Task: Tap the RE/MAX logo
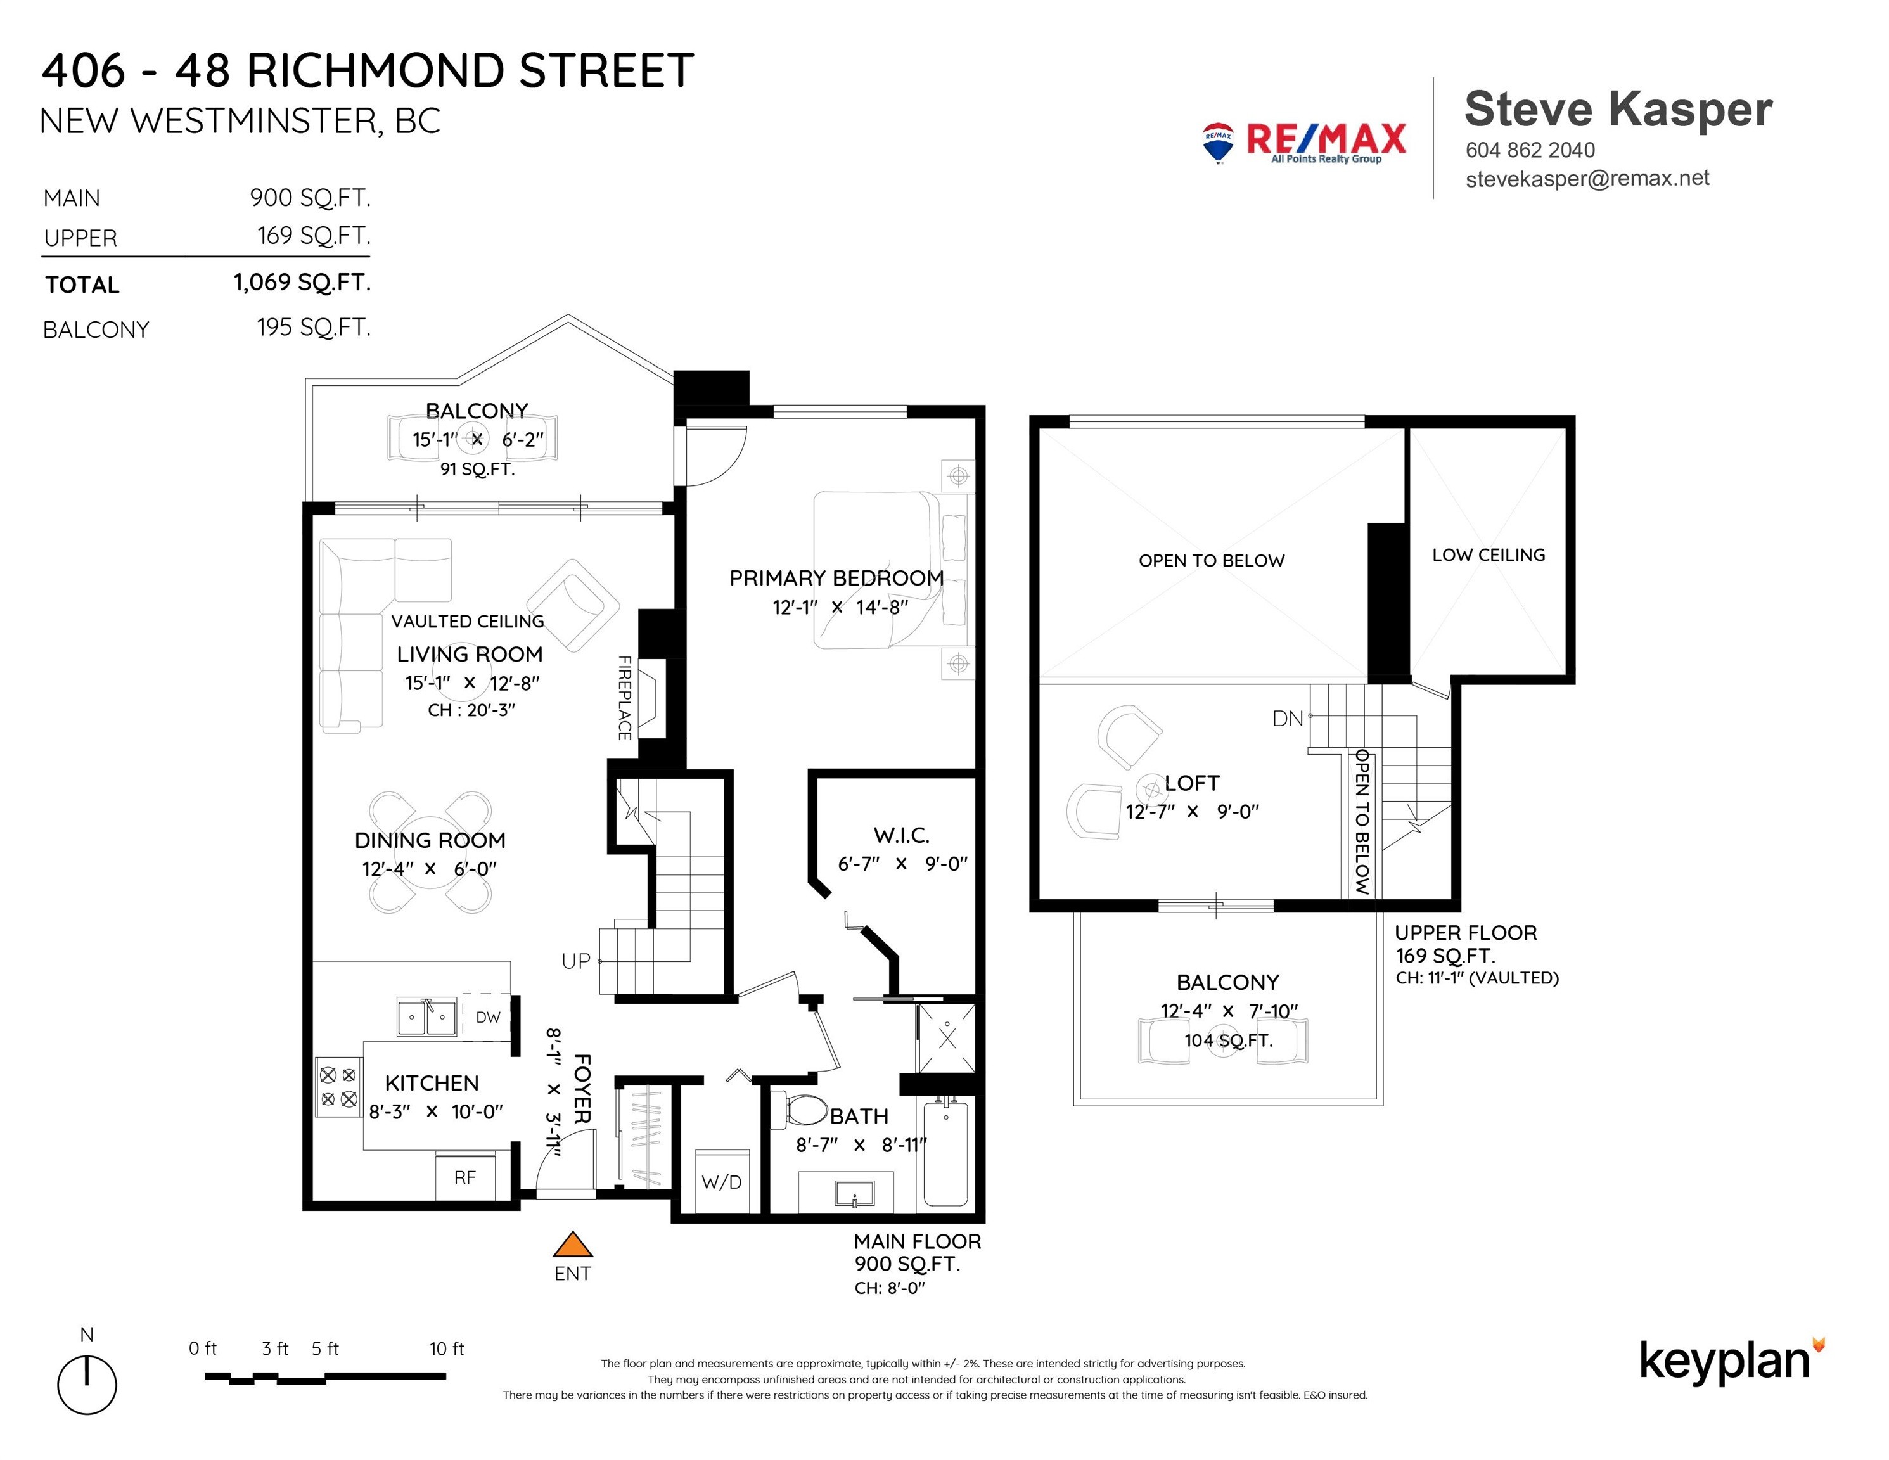1303,143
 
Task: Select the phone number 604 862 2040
1530,150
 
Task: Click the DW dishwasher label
488,1017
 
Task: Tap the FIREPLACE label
624,697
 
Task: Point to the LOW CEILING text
1489,554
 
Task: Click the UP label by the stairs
576,961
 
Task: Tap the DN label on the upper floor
1287,718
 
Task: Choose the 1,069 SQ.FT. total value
302,282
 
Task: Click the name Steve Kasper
1618,110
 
